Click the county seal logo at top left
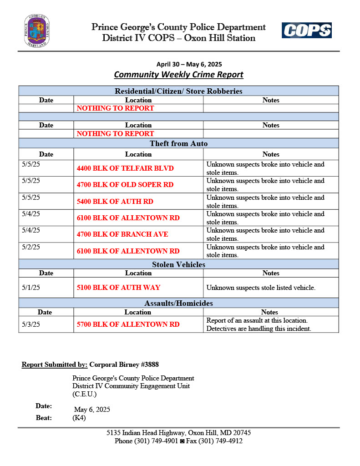[x=37, y=31]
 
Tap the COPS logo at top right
[x=306, y=30]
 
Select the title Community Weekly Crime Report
[x=178, y=75]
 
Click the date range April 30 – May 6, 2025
[x=189, y=64]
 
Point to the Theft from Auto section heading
[x=178, y=144]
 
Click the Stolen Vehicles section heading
[x=178, y=264]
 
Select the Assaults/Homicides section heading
[x=178, y=303]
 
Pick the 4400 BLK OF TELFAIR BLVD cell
[x=125, y=168]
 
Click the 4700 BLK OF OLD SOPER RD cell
[x=125, y=185]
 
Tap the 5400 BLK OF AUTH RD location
[x=115, y=202]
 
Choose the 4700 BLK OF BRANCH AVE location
[x=122, y=234]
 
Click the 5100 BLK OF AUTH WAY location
[x=118, y=288]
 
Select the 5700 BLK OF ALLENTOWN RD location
[x=128, y=324]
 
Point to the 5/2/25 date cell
[x=31, y=247]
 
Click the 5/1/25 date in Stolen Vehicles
[x=31, y=288]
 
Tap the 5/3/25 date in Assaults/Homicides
[x=31, y=324]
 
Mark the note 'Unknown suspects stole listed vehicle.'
[x=261, y=288]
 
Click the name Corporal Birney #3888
[x=124, y=365]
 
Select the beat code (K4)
[x=79, y=418]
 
